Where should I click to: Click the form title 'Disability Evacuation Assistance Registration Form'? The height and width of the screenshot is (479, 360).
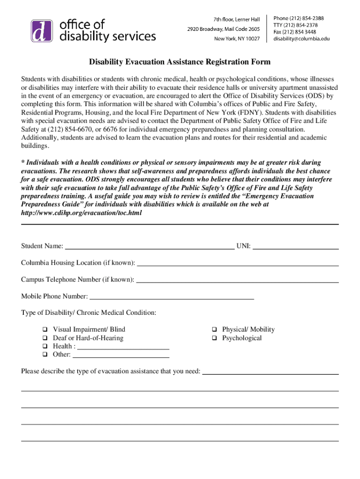pyautogui.click(x=180, y=62)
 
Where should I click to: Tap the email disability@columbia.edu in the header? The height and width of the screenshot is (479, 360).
pyautogui.click(x=301, y=39)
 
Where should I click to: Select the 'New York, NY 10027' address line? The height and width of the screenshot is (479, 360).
pyautogui.click(x=237, y=38)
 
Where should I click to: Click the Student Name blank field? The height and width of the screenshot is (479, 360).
pyautogui.click(x=149, y=246)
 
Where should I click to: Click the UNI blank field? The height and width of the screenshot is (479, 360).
pyautogui.click(x=295, y=246)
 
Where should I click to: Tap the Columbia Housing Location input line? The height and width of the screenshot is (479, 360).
pyautogui.click(x=238, y=263)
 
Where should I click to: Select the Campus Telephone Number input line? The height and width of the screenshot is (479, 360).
pyautogui.click(x=237, y=280)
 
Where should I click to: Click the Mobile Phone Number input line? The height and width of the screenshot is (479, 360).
pyautogui.click(x=172, y=296)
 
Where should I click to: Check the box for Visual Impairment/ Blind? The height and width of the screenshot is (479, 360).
pyautogui.click(x=45, y=330)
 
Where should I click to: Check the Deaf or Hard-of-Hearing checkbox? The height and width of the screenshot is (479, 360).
pyautogui.click(x=45, y=338)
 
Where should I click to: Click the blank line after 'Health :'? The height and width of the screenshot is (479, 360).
pyautogui.click(x=122, y=347)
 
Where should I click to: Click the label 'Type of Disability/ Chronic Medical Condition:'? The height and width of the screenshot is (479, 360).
pyautogui.click(x=89, y=312)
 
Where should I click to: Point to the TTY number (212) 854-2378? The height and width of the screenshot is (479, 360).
pyautogui.click(x=295, y=25)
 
